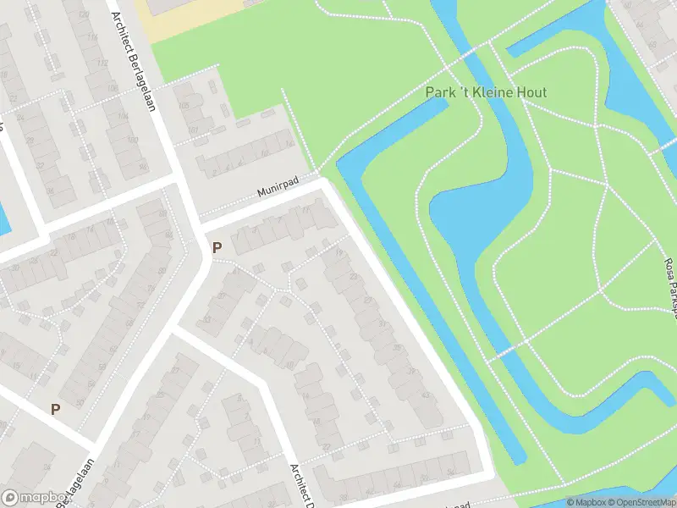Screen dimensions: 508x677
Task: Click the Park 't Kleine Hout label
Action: tap(486, 92)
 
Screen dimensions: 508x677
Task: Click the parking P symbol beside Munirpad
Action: tap(217, 247)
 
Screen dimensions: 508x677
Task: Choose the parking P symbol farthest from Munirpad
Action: tap(56, 409)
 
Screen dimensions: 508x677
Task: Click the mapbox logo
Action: tap(34, 498)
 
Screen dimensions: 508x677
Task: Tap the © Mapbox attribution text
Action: tap(586, 502)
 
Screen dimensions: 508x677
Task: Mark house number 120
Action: tap(83, 15)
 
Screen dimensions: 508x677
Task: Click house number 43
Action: tap(425, 395)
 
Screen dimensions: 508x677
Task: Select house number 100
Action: tap(132, 141)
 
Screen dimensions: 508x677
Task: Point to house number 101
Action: tap(194, 130)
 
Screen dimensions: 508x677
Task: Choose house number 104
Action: tap(124, 116)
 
